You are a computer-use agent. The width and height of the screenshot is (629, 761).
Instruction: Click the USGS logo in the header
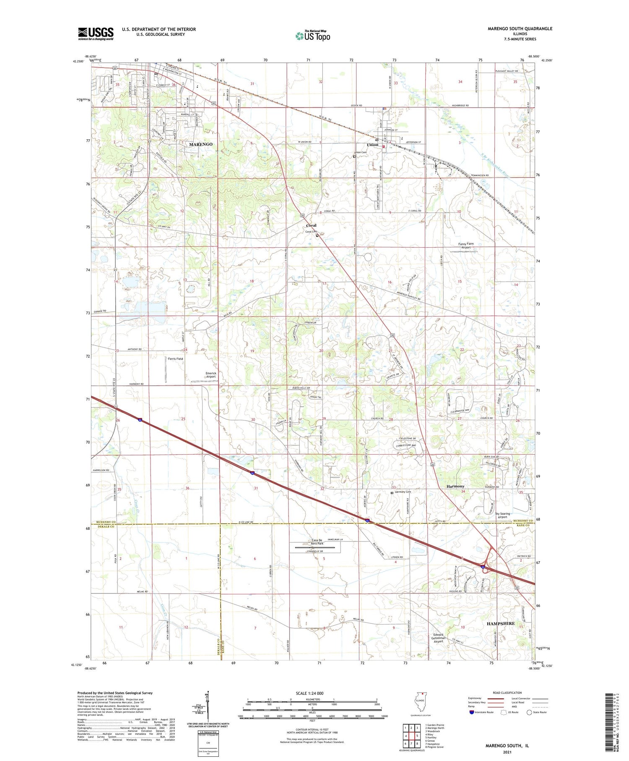[95, 34]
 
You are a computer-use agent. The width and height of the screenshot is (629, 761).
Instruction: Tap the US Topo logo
[312, 36]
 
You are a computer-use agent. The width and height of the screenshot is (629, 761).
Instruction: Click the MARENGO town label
[200, 144]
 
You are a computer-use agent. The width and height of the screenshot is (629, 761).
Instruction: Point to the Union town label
[372, 145]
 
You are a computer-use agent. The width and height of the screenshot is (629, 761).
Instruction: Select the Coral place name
[311, 225]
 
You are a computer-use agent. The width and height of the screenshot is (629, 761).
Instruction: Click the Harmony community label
[455, 486]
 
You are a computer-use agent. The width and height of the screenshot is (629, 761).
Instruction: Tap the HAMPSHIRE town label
[500, 624]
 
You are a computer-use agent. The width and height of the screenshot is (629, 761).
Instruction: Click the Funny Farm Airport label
[466, 246]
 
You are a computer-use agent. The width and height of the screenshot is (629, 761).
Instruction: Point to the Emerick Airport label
[211, 375]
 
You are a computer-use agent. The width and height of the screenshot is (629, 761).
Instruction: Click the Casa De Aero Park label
[317, 542]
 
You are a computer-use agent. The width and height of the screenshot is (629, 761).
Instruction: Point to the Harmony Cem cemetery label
[402, 492]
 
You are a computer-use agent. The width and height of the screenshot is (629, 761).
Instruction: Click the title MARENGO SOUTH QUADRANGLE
[514, 29]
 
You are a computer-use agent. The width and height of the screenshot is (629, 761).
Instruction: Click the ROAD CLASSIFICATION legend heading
[507, 693]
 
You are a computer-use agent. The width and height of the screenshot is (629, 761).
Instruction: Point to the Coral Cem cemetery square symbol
[317, 235]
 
